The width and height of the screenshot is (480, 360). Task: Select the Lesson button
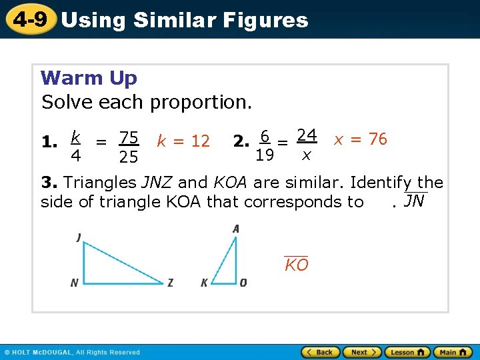click(407, 352)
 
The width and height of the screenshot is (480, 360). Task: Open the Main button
click(452, 352)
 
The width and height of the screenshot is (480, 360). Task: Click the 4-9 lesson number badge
click(29, 19)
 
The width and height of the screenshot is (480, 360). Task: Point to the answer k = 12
click(183, 141)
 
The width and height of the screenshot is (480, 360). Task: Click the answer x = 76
click(360, 139)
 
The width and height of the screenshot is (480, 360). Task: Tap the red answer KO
click(296, 265)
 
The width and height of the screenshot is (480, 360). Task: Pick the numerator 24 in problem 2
click(306, 135)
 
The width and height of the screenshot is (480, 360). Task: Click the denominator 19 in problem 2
click(265, 156)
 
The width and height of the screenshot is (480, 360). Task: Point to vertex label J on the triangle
click(79, 237)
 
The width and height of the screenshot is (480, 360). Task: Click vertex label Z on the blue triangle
click(171, 283)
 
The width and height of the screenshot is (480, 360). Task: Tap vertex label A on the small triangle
click(236, 229)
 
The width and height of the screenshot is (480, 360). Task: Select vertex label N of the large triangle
click(74, 283)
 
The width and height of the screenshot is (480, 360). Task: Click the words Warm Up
click(89, 78)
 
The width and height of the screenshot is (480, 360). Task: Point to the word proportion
click(201, 102)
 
